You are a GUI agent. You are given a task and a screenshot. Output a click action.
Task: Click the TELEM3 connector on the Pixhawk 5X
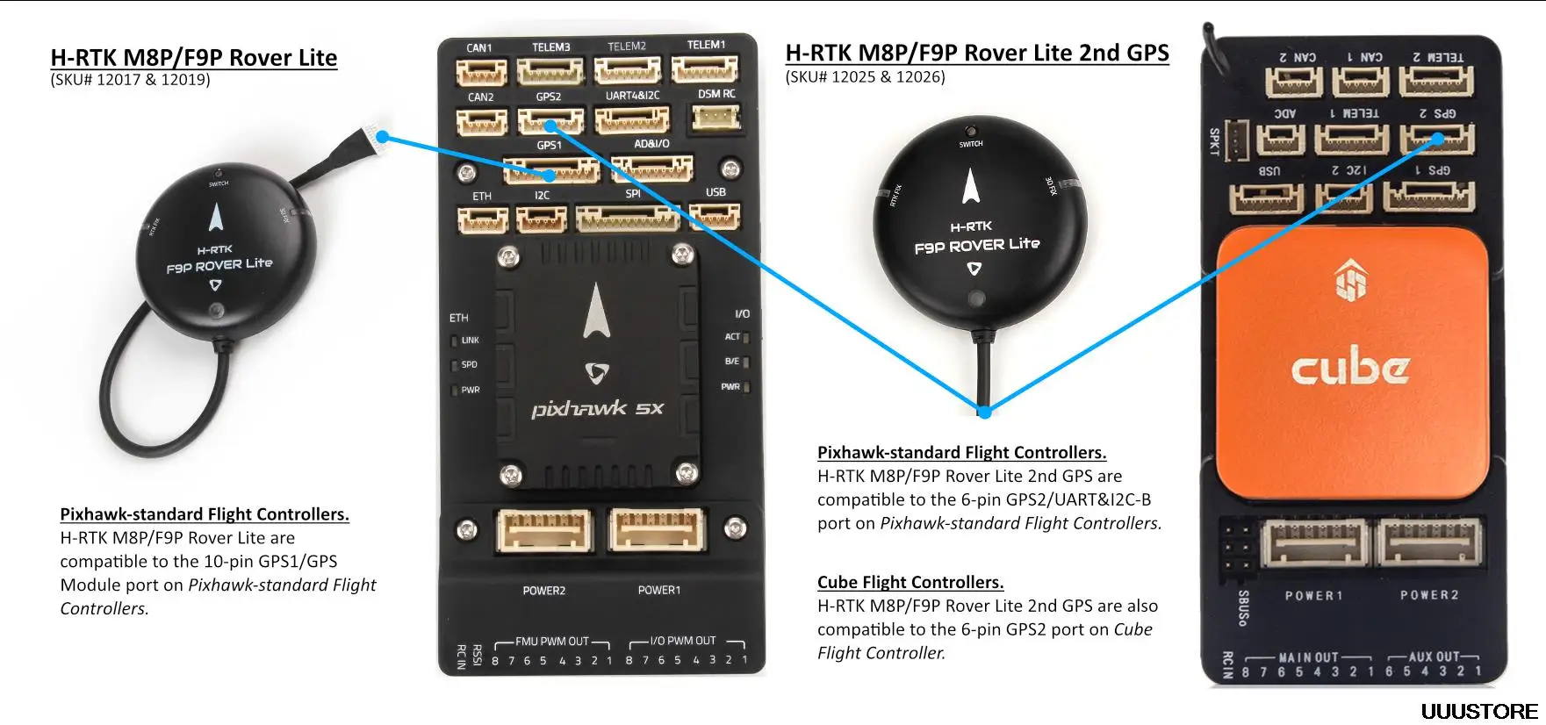[550, 70]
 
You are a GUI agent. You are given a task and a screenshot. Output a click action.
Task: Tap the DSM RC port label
[716, 94]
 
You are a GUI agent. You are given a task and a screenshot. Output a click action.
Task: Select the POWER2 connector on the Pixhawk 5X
[544, 531]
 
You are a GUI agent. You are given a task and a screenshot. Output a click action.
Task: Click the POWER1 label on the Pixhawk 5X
[658, 591]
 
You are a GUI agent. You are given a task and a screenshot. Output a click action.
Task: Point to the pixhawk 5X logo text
[597, 409]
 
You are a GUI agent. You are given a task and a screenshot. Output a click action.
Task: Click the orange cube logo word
[1350, 367]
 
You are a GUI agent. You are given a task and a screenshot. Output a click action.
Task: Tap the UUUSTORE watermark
[1479, 711]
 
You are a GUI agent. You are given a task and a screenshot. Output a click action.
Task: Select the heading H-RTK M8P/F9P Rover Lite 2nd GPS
[976, 54]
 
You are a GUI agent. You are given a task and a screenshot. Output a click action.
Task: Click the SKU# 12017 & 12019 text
[130, 80]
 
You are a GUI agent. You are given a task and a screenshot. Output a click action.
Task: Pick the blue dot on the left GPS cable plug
[383, 138]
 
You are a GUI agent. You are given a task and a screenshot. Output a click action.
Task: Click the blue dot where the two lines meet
[984, 411]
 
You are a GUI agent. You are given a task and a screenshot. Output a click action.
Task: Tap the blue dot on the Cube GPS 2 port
[1438, 139]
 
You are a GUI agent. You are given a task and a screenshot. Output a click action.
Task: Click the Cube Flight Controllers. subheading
[910, 582]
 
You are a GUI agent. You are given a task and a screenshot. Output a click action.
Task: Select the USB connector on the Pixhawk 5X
[715, 215]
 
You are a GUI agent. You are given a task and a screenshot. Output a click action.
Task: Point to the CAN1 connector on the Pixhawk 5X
[481, 71]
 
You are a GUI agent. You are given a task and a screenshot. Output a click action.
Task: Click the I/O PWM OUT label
[683, 641]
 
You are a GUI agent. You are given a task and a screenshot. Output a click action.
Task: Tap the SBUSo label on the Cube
[1243, 607]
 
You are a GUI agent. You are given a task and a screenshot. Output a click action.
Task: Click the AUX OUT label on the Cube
[1432, 657]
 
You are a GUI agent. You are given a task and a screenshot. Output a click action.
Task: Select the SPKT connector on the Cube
[1237, 140]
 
